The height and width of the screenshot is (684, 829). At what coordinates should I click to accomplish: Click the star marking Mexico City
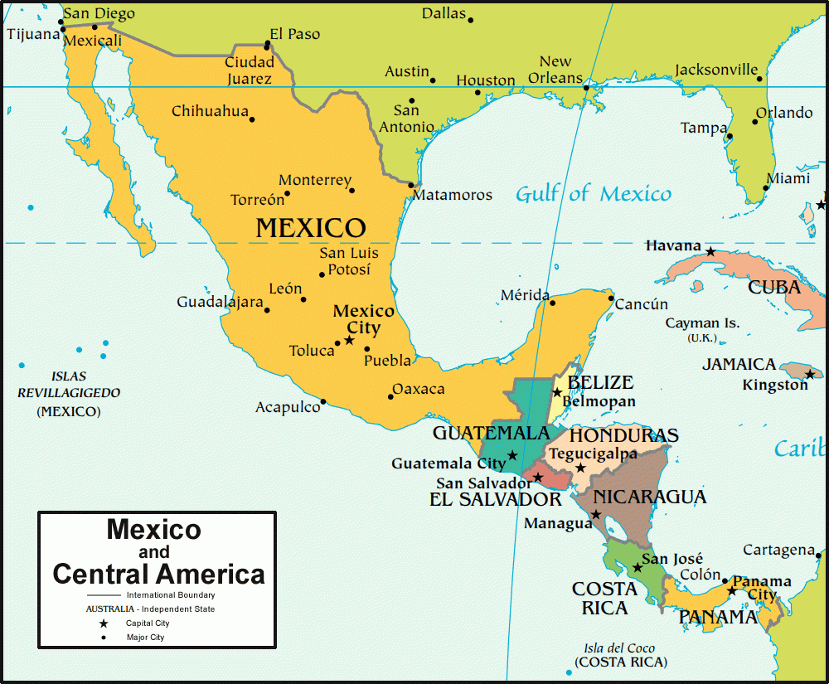coord(349,340)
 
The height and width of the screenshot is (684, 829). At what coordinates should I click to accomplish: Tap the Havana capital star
coord(710,250)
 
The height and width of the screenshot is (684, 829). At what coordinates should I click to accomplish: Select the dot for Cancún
coord(611,298)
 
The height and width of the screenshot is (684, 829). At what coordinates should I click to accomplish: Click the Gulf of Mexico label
coord(593,194)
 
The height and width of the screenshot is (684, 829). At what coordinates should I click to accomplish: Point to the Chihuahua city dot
coord(252,119)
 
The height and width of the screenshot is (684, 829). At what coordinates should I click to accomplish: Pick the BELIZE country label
coord(600,383)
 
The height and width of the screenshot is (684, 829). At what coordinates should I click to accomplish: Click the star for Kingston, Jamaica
coord(810,374)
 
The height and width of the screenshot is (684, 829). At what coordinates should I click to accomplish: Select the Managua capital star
coord(596,515)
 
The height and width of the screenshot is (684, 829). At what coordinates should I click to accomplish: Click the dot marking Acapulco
coord(323,402)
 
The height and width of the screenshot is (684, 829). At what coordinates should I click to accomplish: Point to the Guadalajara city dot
coord(267,310)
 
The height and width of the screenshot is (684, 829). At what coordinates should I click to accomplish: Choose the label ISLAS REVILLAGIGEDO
coord(69,385)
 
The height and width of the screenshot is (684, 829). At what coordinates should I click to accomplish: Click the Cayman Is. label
coord(702,323)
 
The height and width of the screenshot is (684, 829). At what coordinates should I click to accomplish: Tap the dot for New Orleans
coord(586,87)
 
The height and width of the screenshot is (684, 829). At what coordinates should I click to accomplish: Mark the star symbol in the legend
coord(104,623)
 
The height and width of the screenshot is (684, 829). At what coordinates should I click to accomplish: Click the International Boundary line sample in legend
coord(103,595)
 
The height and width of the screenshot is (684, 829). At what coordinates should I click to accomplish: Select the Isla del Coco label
coord(619,648)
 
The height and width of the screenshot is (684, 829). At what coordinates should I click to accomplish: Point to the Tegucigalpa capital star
coord(580,468)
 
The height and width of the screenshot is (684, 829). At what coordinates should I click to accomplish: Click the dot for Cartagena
coord(818,555)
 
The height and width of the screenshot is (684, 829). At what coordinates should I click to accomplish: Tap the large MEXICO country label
coord(311,228)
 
